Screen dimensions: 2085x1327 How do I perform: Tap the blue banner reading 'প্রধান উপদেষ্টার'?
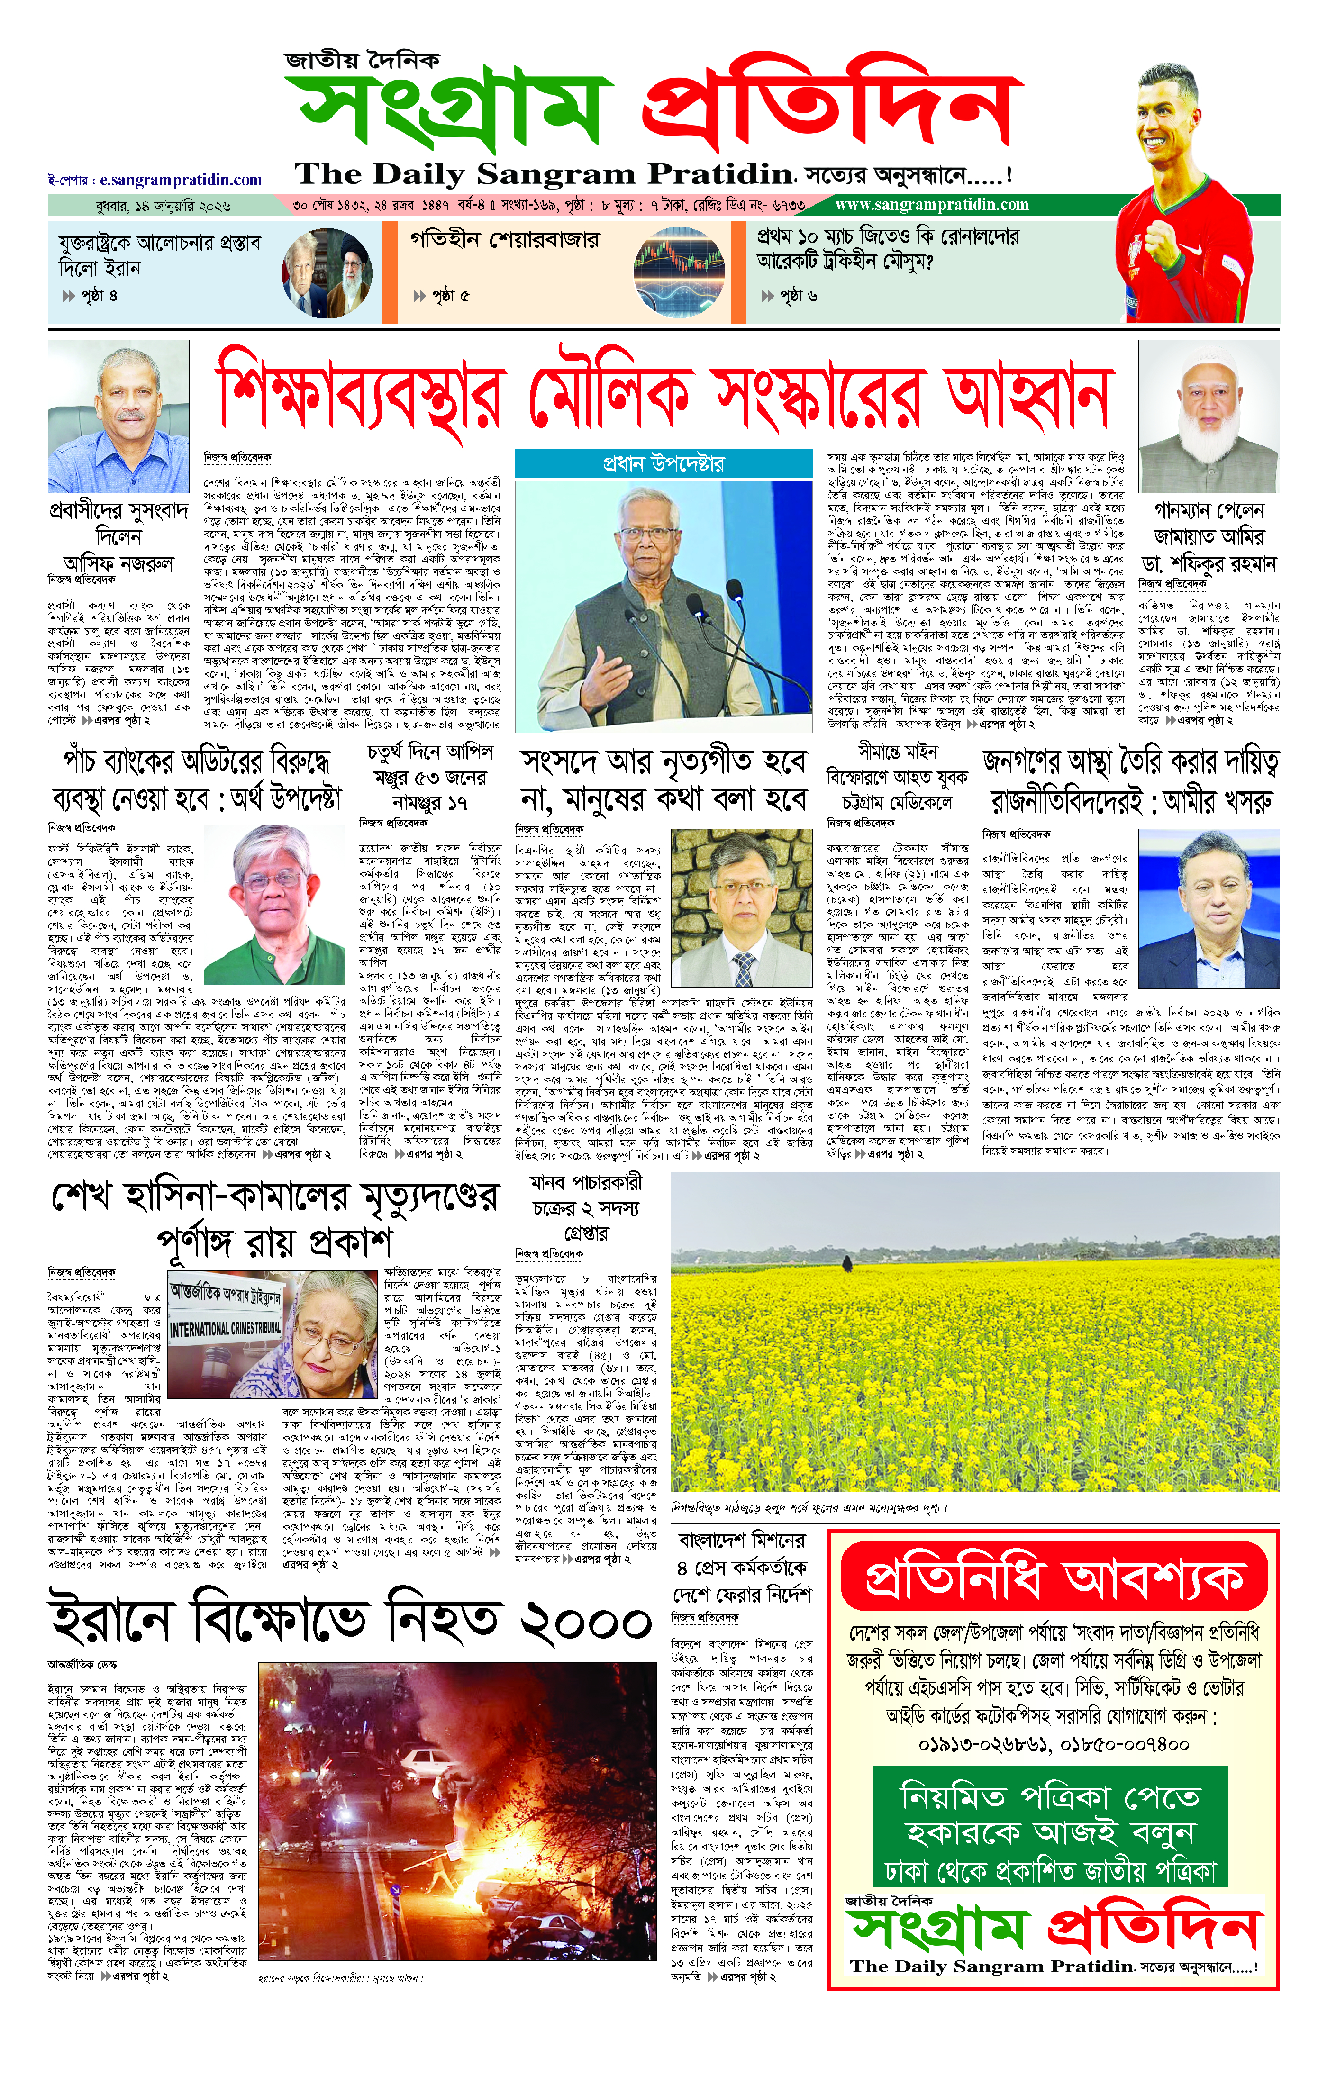coord(663,464)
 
